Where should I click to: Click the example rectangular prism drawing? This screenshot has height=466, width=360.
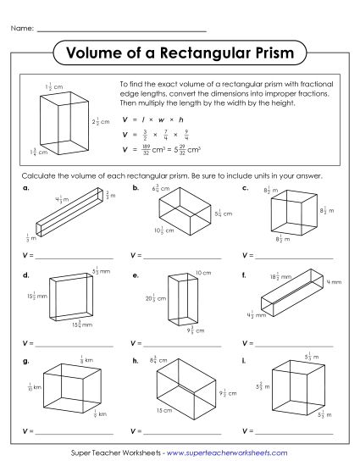click(x=63, y=123)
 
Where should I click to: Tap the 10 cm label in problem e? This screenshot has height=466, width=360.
click(x=203, y=273)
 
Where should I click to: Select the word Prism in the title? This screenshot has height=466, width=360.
click(x=266, y=53)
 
